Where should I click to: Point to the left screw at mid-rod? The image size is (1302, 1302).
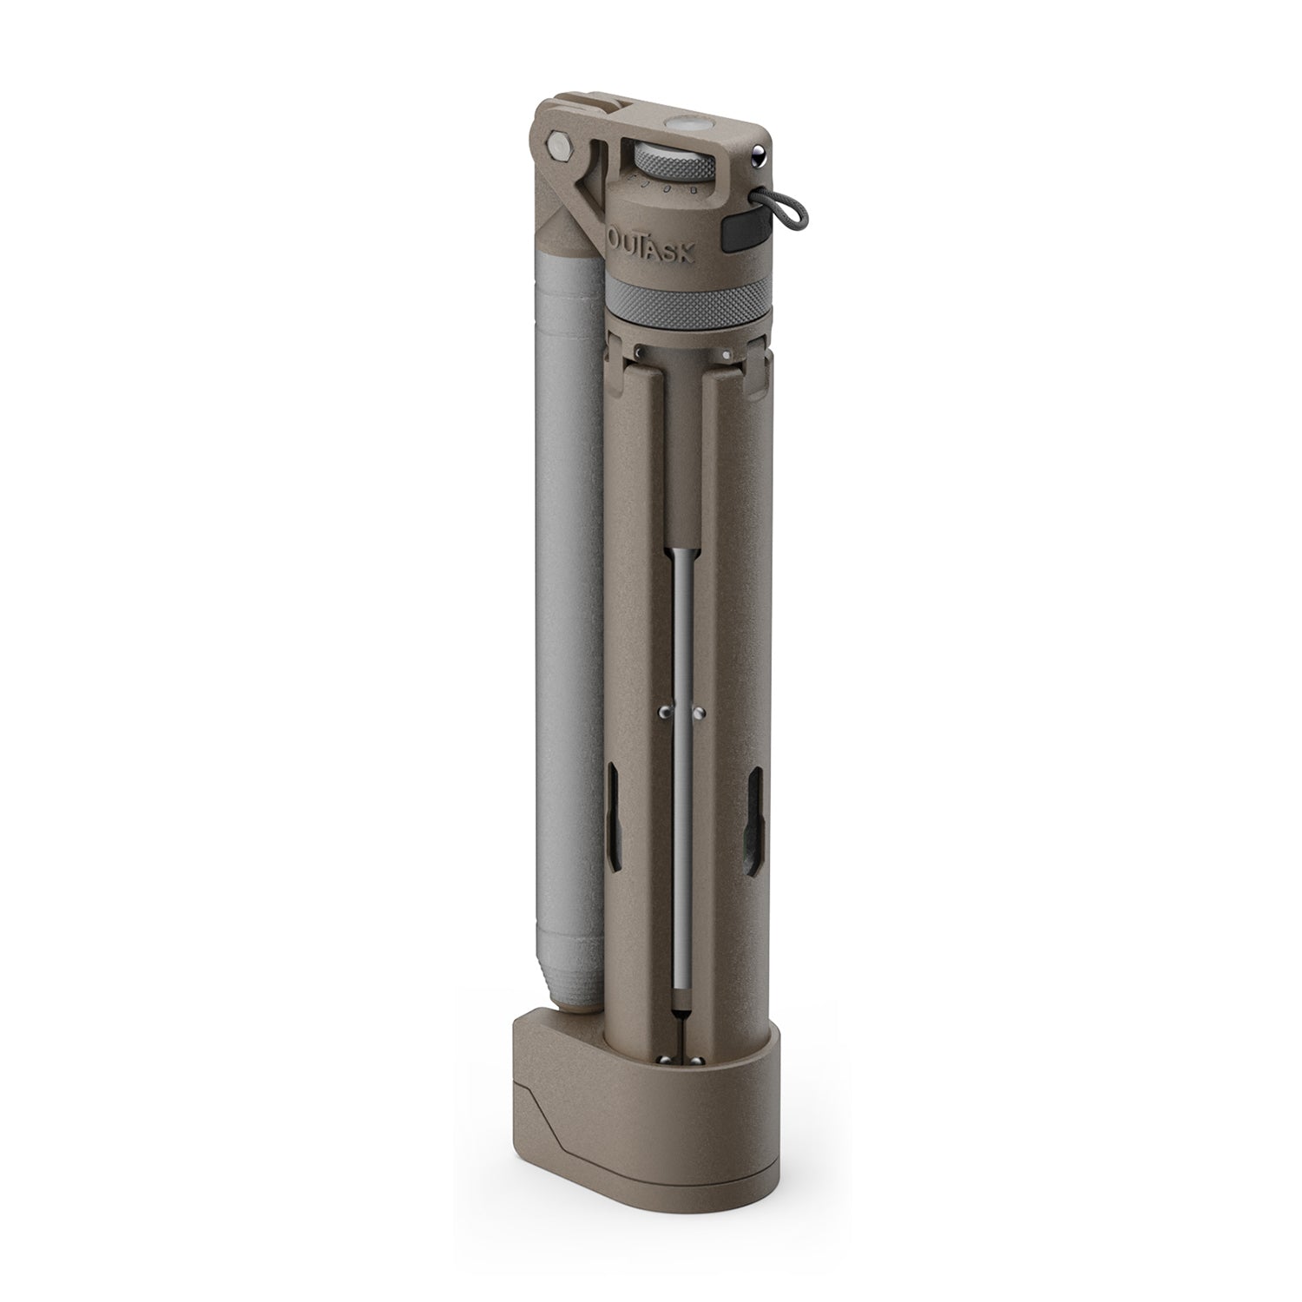pyautogui.click(x=664, y=712)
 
